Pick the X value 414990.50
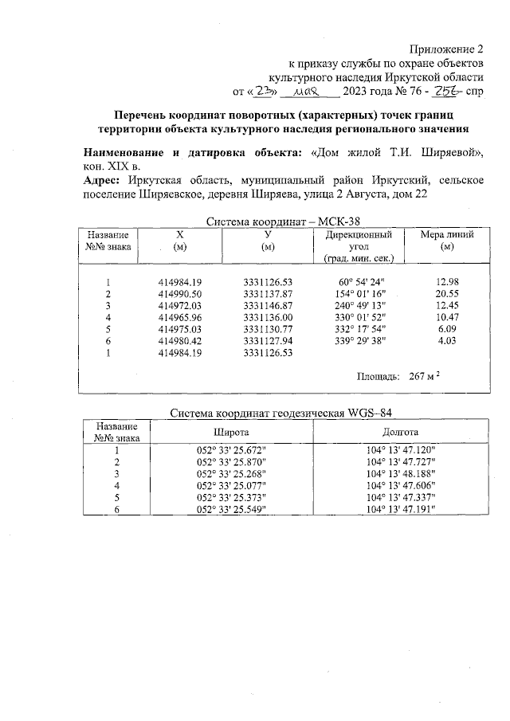(180, 294)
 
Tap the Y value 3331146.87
(269, 305)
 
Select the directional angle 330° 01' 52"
(360, 317)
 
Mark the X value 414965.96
(180, 317)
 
